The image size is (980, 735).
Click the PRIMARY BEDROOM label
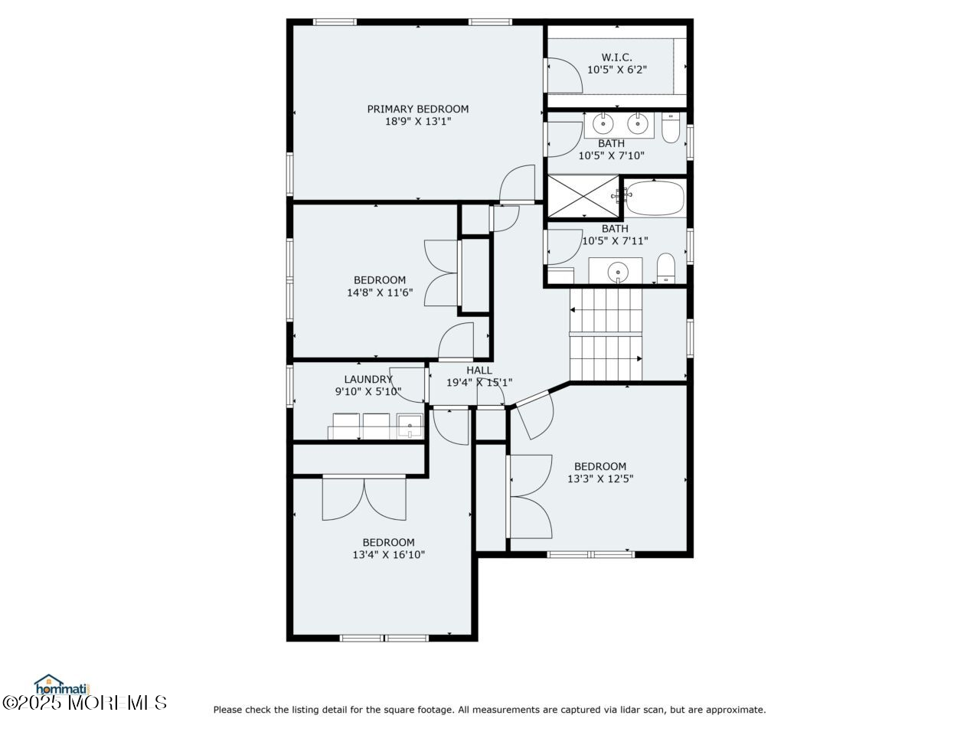(x=417, y=109)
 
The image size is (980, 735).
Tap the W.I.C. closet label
(x=616, y=57)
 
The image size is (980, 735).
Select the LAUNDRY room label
(x=368, y=379)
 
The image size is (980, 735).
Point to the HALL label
(x=479, y=370)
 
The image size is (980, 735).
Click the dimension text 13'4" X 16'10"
(x=388, y=555)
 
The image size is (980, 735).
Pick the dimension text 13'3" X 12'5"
(x=600, y=479)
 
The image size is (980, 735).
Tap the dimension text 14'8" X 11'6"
(x=380, y=292)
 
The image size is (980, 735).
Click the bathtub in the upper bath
(x=655, y=198)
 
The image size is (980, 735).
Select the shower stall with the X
(x=583, y=196)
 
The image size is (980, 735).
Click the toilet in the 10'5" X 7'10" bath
(x=670, y=128)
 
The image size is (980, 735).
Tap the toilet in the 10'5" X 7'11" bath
(x=665, y=268)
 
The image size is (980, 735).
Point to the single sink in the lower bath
(x=618, y=272)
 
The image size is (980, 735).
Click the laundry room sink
(x=410, y=426)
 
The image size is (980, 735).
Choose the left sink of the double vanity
(x=603, y=123)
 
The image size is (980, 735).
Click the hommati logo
(x=61, y=684)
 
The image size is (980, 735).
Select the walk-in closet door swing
(x=565, y=76)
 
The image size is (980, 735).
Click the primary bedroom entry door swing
(x=517, y=184)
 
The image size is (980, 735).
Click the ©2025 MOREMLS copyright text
(x=84, y=703)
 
